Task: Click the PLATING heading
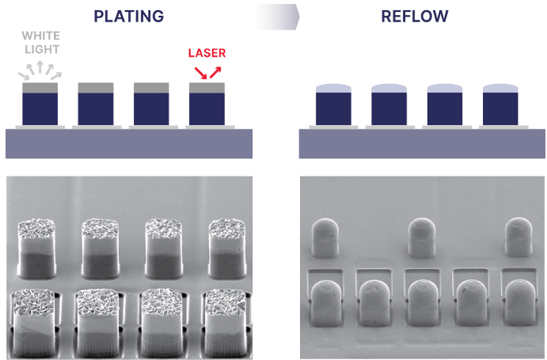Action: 128,15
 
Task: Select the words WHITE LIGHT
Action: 40,42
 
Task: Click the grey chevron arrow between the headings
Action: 277,15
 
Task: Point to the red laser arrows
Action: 207,72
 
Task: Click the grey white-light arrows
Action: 40,69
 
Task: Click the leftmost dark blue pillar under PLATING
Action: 40,108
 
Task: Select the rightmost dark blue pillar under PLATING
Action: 207,108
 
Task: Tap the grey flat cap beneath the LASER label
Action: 207,88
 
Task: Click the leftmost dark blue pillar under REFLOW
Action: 333,108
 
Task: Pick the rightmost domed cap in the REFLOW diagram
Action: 500,87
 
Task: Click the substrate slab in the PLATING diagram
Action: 128,143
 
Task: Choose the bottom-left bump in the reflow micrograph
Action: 328,305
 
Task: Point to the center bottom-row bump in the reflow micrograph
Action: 424,305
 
